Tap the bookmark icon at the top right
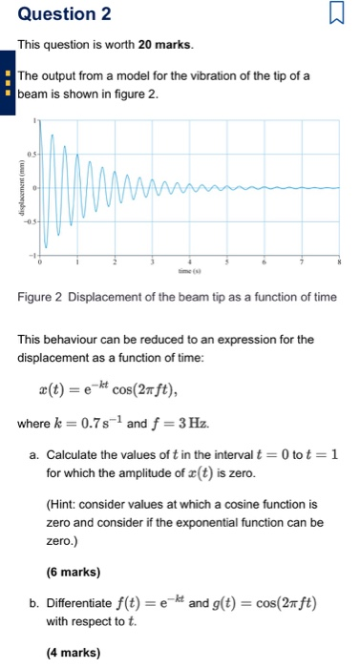[335, 14]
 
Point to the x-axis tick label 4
[189, 261]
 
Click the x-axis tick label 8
[339, 261]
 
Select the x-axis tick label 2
[115, 261]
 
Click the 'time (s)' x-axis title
[190, 270]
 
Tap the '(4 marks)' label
[73, 655]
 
